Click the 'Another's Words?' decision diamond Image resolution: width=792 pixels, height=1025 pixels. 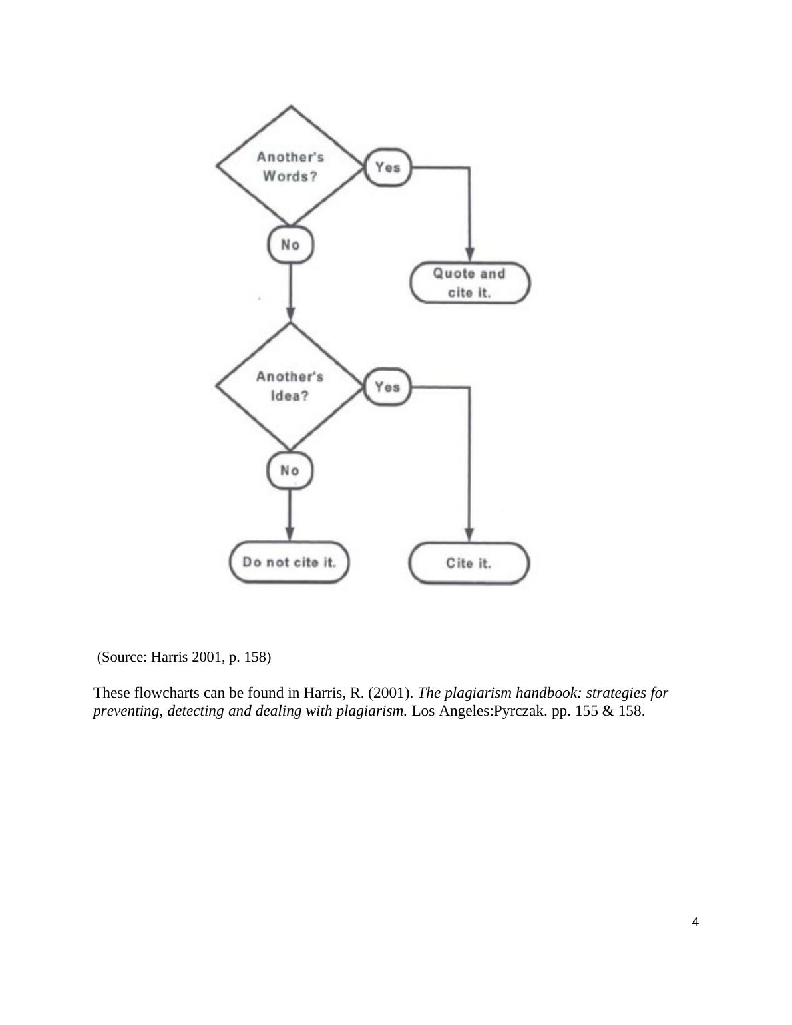tap(290, 166)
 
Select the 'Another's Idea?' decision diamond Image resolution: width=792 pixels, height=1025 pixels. tap(290, 386)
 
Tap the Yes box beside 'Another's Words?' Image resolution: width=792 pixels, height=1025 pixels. tap(387, 167)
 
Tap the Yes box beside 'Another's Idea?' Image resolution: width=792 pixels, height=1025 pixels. tap(387, 387)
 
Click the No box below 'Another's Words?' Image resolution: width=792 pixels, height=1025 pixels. tap(290, 245)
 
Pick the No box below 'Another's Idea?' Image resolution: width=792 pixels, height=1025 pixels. tap(290, 471)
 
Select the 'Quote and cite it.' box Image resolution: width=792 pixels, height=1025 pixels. tap(469, 283)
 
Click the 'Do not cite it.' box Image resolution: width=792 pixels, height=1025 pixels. tap(289, 562)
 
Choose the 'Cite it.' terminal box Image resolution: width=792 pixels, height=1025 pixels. tap(469, 563)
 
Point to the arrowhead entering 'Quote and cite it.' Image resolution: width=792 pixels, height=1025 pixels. tap(469, 255)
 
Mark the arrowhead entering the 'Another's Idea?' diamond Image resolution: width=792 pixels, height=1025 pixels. tap(290, 314)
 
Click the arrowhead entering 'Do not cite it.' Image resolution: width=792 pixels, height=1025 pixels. tap(290, 534)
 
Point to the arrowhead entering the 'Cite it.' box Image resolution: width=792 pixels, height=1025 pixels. tap(469, 534)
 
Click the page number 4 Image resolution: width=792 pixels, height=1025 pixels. tap(695, 922)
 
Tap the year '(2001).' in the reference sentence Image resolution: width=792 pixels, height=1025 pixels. tap(391, 693)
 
